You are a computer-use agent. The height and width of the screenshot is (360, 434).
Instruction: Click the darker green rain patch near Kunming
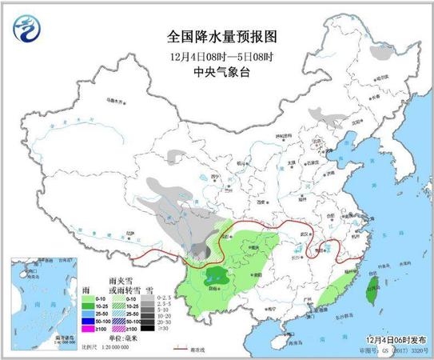[214, 277]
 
